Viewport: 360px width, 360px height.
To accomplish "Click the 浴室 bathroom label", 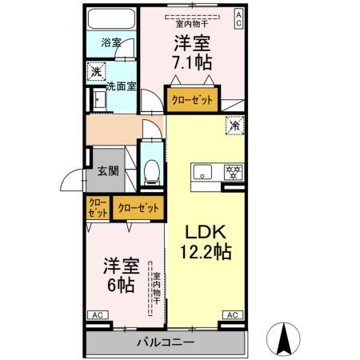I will point(111,42).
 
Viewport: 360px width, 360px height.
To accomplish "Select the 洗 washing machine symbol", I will point(95,72).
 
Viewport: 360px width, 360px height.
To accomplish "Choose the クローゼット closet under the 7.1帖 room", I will point(193,101).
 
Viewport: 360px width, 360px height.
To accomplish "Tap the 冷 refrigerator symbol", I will point(235,126).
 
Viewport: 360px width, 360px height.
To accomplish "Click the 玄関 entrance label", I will point(109,170).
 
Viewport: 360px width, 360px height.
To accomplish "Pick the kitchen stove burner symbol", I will point(234,171).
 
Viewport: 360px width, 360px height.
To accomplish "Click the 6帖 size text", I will point(118,285).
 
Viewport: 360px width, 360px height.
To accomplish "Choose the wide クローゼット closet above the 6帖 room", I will point(138,208).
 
